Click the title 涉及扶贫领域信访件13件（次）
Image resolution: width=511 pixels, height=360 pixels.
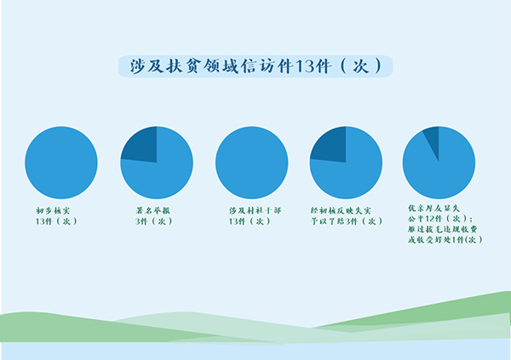click(x=255, y=67)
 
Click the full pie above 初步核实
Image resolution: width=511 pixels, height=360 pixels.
click(x=61, y=163)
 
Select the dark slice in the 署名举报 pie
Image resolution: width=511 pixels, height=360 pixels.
click(x=141, y=144)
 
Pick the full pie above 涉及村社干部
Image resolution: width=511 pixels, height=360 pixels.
click(x=252, y=163)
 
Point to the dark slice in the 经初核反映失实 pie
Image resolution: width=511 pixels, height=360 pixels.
click(x=330, y=144)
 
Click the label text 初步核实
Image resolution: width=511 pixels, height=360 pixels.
click(x=52, y=209)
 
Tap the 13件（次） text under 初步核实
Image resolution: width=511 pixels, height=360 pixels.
click(x=56, y=221)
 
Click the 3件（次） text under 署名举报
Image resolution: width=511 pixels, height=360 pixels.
click(x=153, y=221)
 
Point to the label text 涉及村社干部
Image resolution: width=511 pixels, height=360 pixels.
click(x=253, y=209)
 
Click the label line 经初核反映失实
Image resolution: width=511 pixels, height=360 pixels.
click(x=342, y=209)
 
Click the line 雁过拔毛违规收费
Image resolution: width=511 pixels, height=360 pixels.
click(x=443, y=229)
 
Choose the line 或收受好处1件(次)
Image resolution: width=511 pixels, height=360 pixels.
click(x=445, y=240)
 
